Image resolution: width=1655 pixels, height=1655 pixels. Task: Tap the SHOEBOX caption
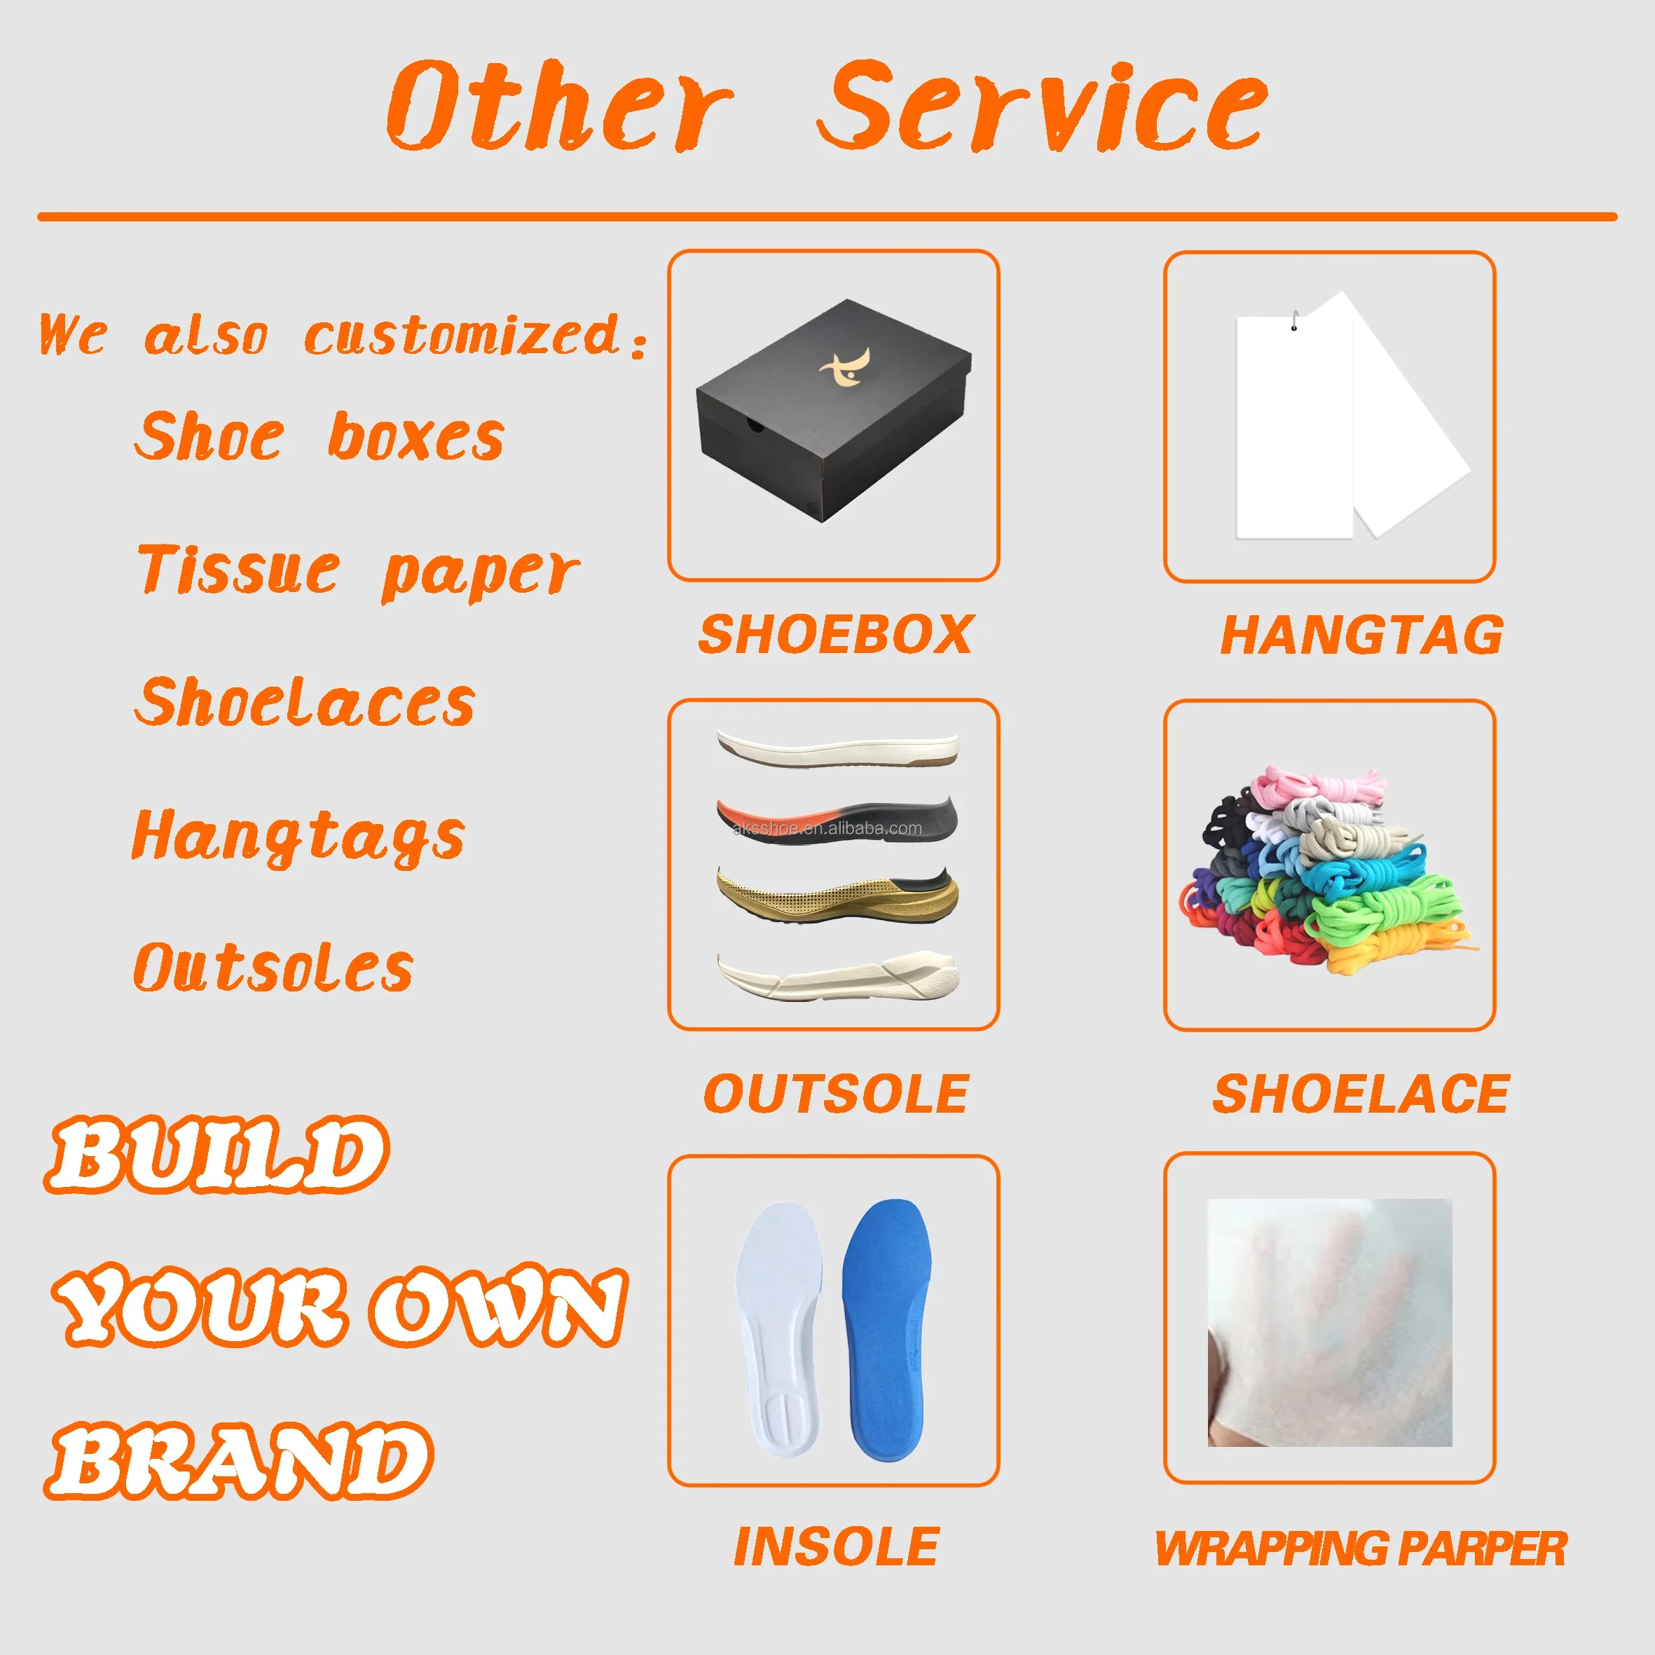pos(835,635)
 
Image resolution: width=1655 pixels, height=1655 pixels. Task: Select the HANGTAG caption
pos(1361,635)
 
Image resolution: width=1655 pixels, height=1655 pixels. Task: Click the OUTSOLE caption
pos(835,1094)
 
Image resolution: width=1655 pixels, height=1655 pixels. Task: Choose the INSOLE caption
pos(836,1546)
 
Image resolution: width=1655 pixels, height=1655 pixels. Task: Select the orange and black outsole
pos(837,818)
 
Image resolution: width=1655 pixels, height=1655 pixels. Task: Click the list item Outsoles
pos(273,968)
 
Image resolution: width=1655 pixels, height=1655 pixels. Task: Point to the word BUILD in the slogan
pos(218,1155)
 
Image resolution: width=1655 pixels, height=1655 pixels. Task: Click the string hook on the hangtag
pos(1294,320)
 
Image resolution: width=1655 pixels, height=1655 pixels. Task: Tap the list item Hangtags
pos(298,835)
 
